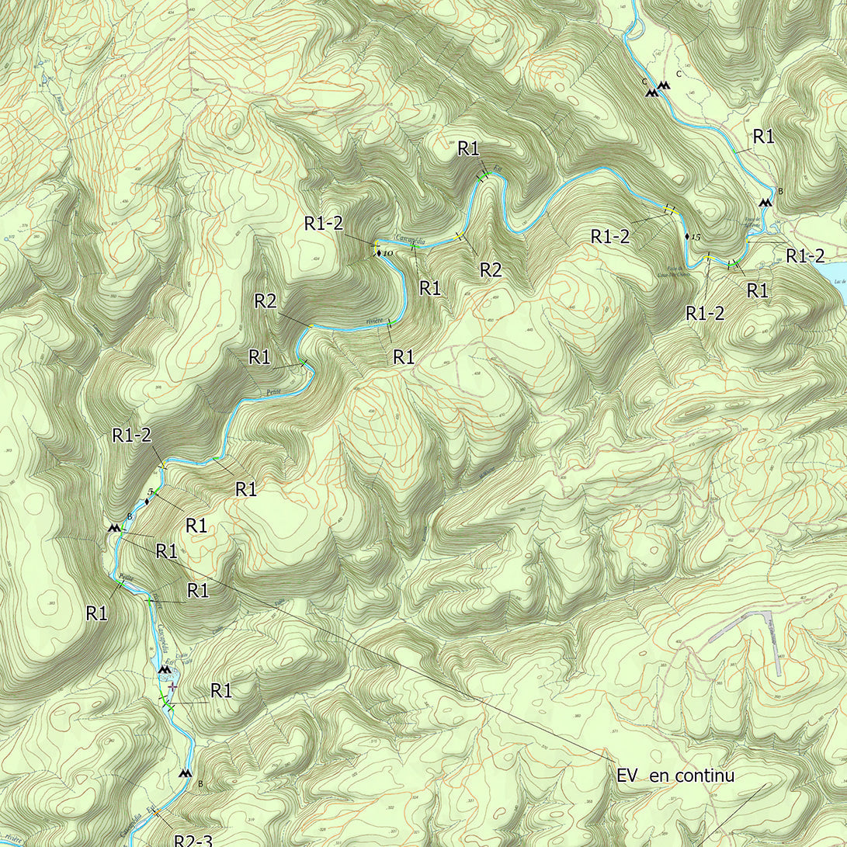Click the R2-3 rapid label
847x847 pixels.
193,839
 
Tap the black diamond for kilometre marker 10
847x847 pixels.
378,254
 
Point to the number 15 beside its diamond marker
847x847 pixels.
696,236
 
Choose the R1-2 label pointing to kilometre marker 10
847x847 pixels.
324,224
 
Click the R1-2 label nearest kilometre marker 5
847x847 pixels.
132,436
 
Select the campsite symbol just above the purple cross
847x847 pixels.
164,668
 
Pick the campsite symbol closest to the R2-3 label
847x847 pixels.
185,773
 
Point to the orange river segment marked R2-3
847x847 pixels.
156,811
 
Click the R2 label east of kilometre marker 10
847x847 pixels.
490,270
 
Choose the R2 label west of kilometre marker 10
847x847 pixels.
266,302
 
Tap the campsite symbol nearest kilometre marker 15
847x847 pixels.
765,202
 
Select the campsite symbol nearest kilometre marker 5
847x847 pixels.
115,527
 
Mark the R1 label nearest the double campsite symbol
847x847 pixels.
764,137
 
